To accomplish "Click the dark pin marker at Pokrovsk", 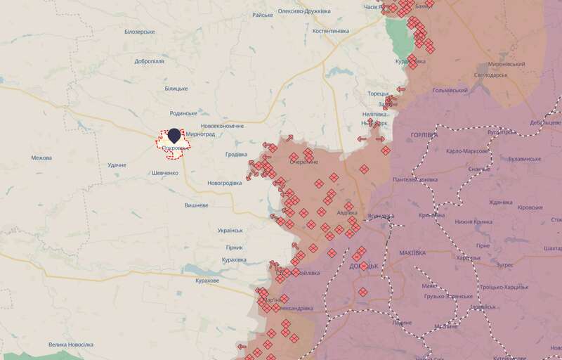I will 174,134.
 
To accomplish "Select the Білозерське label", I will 139,32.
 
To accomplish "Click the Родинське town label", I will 183,113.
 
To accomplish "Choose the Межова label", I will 41,157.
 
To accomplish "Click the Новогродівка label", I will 224,183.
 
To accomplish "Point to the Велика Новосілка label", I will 71,345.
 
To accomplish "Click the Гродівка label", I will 236,154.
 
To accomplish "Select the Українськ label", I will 230,231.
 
